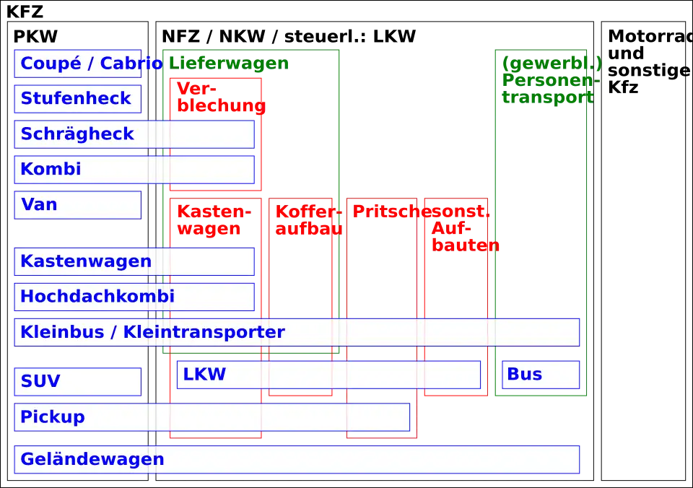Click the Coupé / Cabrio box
(x=78, y=64)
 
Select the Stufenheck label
(x=78, y=99)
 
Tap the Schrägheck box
(x=134, y=134)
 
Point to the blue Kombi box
(x=134, y=170)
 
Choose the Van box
(x=78, y=205)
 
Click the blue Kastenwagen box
(x=134, y=261)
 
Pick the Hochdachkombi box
(x=134, y=297)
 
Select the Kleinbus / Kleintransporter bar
(x=297, y=332)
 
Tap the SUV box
(x=78, y=381)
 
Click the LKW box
(x=328, y=375)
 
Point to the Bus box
(x=541, y=375)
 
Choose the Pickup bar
(x=212, y=417)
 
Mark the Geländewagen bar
(x=297, y=459)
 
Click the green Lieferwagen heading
(x=228, y=64)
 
